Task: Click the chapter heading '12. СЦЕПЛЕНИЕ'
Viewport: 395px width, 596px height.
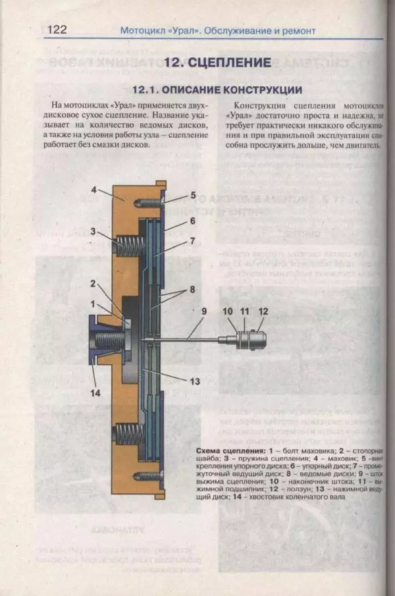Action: [x=217, y=63]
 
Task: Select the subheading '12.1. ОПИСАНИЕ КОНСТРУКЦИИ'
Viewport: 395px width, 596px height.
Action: [x=217, y=90]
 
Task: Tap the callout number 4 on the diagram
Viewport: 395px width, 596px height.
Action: [x=94, y=190]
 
